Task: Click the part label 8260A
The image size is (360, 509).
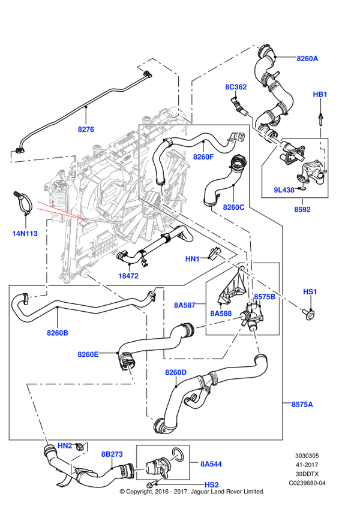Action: pos(307,59)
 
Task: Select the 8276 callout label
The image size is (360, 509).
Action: pos(86,129)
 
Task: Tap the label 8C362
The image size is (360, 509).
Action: pos(236,87)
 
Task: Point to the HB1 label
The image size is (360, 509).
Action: pos(320,95)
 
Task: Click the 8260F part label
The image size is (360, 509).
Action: pos(203,157)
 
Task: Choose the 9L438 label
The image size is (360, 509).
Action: pos(284,190)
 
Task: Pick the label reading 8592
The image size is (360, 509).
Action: pos(301,210)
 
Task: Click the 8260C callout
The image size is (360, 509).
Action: pos(233,207)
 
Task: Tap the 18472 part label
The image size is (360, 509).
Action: pos(128,276)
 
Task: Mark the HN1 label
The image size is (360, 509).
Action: pos(193,259)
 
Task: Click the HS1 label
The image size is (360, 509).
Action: pos(310,291)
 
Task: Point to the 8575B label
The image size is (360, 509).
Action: pos(264,297)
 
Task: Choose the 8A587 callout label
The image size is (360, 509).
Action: pos(185,305)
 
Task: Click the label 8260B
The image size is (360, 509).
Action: pos(58,332)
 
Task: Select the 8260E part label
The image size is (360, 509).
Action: pos(88,354)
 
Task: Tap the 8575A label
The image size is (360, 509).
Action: pos(302,405)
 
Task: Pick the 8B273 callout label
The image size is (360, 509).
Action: pos(111,454)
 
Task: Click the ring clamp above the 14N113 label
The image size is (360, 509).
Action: pos(23,202)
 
